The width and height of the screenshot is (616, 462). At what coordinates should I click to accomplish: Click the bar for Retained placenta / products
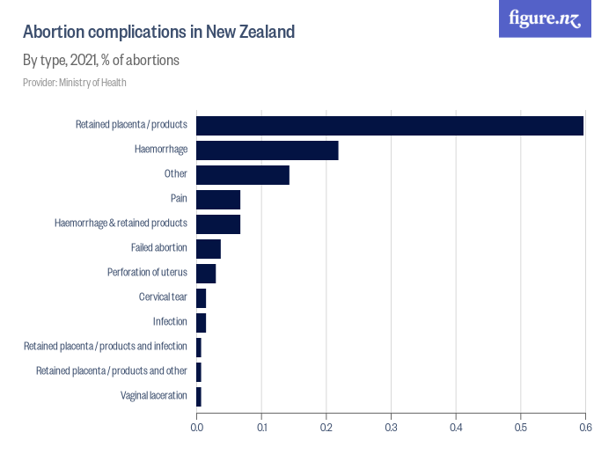(x=390, y=125)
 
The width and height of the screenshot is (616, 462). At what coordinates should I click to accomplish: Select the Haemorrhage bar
(x=267, y=150)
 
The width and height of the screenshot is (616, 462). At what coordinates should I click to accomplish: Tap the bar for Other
(x=242, y=174)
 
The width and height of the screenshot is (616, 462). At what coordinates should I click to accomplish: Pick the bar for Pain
(x=218, y=199)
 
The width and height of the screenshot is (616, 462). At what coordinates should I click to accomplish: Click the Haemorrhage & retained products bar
(x=218, y=224)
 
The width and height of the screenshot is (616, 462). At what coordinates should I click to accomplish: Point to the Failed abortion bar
(x=209, y=248)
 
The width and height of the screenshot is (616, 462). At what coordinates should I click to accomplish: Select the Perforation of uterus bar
(x=206, y=273)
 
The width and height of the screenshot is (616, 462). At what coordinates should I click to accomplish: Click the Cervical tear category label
(x=163, y=297)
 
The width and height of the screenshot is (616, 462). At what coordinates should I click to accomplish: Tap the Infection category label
(x=170, y=322)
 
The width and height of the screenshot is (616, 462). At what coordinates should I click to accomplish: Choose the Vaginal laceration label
(x=154, y=396)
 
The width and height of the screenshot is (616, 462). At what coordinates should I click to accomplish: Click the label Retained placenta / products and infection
(x=105, y=347)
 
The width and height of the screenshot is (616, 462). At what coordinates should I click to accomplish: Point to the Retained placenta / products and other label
(x=111, y=371)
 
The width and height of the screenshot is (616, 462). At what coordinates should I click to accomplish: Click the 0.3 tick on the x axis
(x=391, y=428)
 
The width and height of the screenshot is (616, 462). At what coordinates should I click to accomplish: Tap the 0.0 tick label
(x=196, y=428)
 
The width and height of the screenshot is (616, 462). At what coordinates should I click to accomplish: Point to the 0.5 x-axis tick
(x=520, y=428)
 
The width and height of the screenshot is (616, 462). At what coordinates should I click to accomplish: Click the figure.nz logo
(x=545, y=18)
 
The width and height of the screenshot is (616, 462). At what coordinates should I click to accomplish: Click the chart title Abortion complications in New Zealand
(x=158, y=32)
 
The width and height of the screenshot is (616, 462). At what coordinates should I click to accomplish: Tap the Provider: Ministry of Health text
(x=75, y=83)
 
